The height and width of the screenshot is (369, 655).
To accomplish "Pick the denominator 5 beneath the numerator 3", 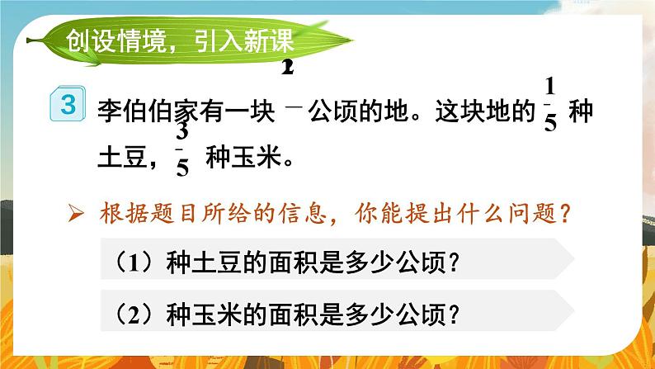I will click(183, 169).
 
